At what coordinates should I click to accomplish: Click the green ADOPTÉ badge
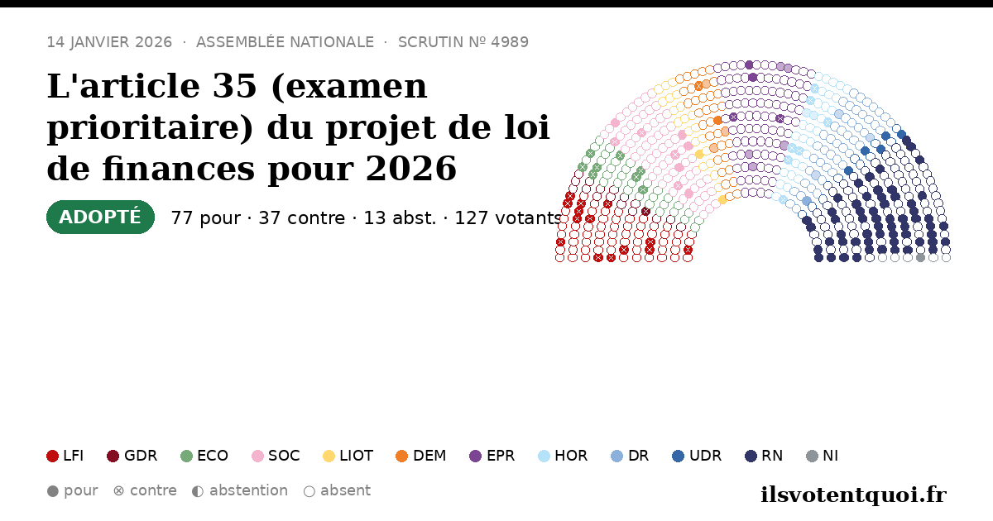(100, 217)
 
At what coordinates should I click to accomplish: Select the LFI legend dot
(52, 456)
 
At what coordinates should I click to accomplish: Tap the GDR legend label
(141, 456)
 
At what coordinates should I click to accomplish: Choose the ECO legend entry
(204, 456)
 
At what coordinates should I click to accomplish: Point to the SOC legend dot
(257, 456)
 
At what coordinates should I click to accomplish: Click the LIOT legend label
(357, 456)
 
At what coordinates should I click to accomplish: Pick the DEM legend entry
(420, 456)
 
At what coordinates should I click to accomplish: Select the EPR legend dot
(475, 456)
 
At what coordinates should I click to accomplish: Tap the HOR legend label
(571, 456)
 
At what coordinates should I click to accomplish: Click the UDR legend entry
(697, 456)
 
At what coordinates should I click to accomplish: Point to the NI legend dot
(812, 456)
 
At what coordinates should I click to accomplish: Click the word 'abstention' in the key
(249, 491)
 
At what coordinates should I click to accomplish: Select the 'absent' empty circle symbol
(309, 491)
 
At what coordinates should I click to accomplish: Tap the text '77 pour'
(206, 218)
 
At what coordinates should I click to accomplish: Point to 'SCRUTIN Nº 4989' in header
(463, 42)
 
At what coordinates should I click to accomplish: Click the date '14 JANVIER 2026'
(109, 42)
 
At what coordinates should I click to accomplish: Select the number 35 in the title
(234, 86)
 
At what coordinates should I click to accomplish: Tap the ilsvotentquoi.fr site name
(853, 495)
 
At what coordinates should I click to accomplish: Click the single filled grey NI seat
(920, 257)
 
